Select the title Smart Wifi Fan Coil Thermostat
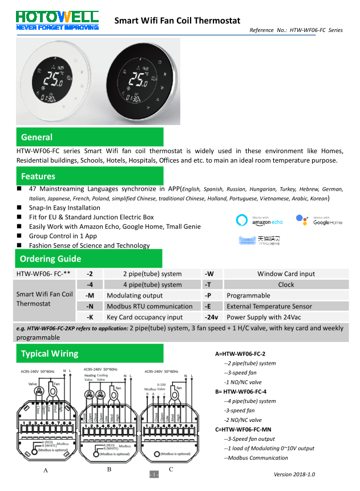[x=177, y=21]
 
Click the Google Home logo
[x=319, y=220]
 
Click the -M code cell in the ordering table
[x=90, y=296]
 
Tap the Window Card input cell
[x=286, y=274]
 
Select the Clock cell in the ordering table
[x=286, y=285]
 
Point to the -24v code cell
[x=212, y=317]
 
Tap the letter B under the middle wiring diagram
[x=108, y=469]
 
